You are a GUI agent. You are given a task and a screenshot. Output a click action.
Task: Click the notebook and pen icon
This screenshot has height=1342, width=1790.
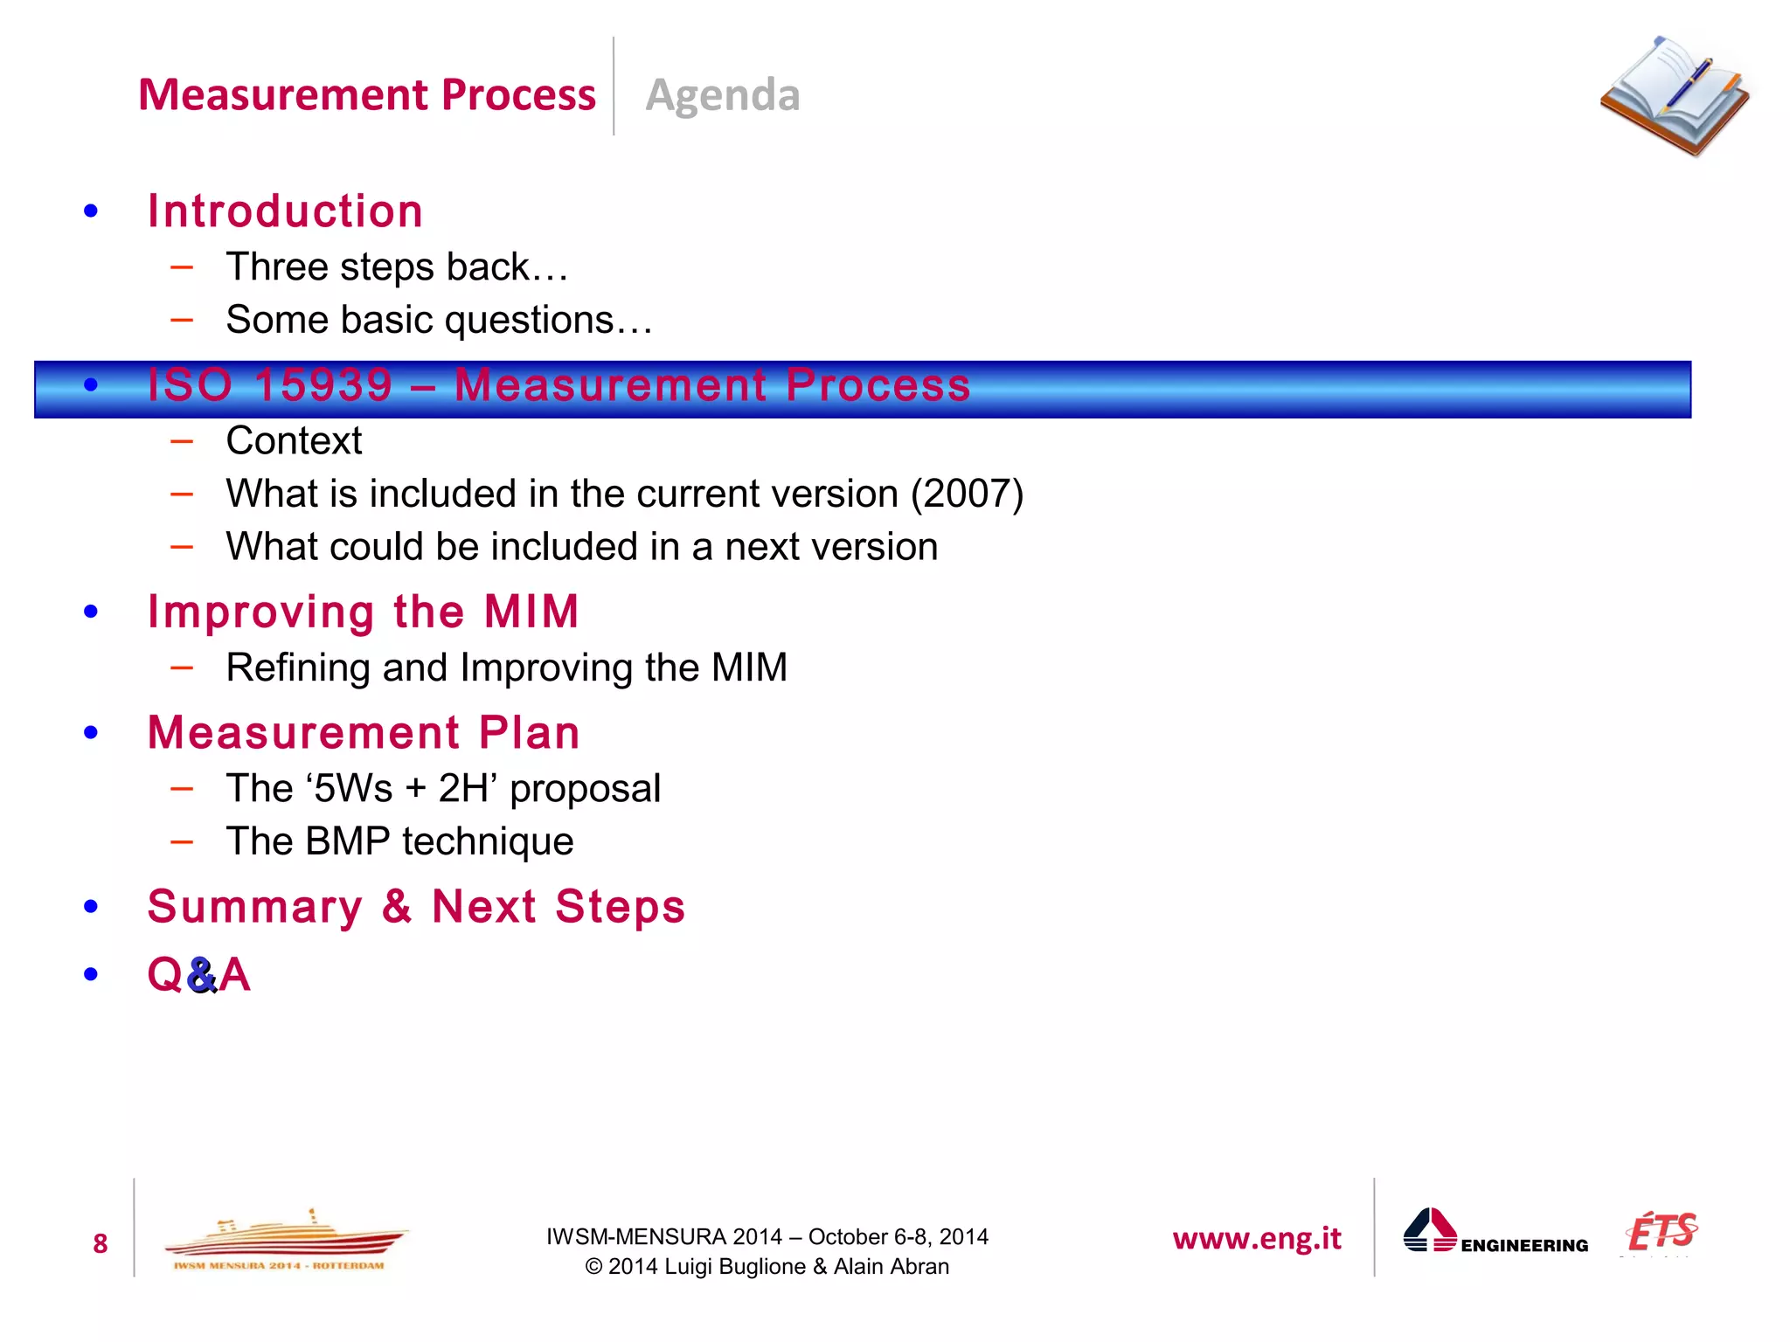tap(1674, 96)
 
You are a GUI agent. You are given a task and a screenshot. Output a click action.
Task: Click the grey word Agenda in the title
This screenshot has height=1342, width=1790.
tap(722, 94)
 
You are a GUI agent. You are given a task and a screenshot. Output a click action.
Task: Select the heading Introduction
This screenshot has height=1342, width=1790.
tap(285, 211)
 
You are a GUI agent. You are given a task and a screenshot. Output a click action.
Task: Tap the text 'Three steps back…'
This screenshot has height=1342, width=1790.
tap(397, 267)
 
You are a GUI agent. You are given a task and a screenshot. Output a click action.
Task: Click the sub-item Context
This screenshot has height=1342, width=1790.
tap(294, 440)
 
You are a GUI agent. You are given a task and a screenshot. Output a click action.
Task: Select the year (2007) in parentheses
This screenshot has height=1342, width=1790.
tap(967, 494)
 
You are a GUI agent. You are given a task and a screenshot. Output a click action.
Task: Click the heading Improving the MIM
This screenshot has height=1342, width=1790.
tap(363, 611)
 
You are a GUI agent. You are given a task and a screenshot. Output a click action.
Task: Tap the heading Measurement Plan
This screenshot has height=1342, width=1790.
tap(363, 732)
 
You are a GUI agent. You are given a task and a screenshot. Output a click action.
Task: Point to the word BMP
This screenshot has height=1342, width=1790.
tap(348, 841)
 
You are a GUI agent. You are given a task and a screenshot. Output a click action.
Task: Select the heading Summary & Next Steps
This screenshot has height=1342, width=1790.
tap(416, 906)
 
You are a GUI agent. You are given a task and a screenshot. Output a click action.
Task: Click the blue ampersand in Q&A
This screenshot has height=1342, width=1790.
tap(201, 975)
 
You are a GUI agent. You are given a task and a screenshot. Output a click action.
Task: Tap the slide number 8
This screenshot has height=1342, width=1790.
tap(101, 1243)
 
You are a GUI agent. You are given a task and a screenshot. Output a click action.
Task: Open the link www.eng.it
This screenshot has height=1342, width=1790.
tap(1256, 1238)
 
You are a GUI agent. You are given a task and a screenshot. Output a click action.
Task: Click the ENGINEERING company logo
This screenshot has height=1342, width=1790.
tap(1495, 1234)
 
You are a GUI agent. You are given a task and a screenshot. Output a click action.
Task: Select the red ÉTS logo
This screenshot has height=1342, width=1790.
tap(1662, 1232)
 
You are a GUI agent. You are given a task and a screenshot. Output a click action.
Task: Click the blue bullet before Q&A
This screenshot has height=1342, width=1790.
tap(91, 975)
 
